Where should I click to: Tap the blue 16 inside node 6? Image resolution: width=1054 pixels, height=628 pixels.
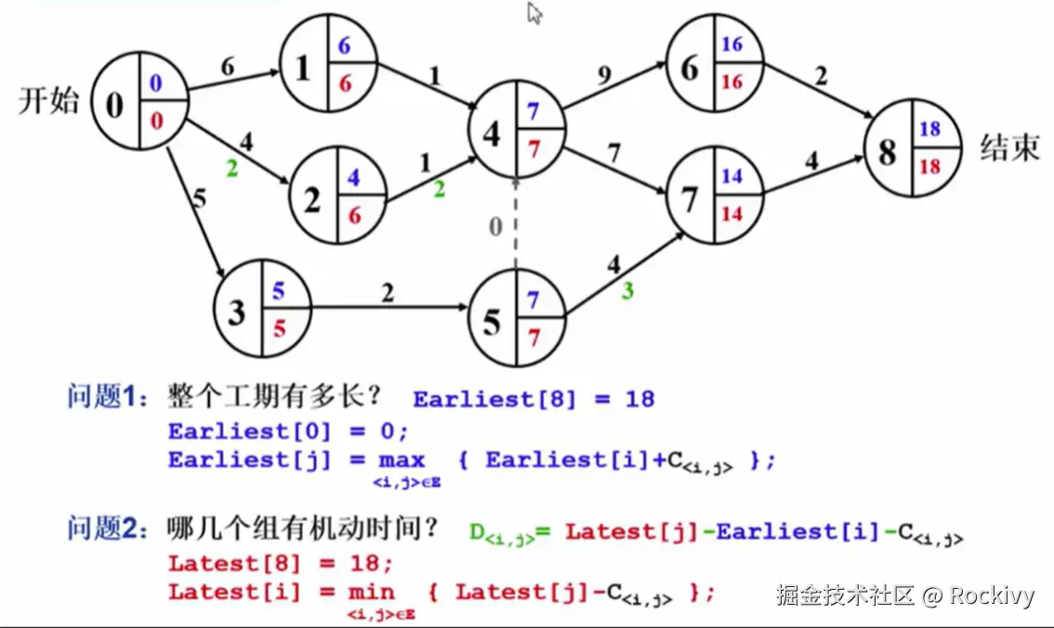[731, 45]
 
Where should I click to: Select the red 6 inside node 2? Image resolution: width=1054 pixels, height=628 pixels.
[353, 215]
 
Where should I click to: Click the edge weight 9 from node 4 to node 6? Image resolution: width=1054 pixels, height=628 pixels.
[605, 76]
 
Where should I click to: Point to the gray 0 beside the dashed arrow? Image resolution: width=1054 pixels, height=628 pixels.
[496, 226]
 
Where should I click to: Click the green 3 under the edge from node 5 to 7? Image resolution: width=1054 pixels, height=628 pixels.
[628, 291]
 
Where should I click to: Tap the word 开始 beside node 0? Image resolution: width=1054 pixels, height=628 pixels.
[49, 100]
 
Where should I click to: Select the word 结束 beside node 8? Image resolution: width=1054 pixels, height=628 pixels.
[1009, 148]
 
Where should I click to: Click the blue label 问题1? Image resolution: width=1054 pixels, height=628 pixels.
[107, 399]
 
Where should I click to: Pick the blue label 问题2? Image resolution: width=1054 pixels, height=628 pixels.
[107, 530]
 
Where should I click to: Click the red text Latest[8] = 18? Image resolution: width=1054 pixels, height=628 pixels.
[281, 563]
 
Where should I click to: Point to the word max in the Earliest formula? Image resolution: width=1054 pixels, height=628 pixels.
[402, 460]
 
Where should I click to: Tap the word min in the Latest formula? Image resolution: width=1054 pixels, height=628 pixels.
[372, 592]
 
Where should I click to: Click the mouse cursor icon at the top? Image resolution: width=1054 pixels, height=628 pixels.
[534, 13]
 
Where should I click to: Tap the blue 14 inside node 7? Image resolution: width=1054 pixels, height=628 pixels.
[731, 176]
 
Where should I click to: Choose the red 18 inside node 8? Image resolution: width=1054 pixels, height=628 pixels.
[929, 167]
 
